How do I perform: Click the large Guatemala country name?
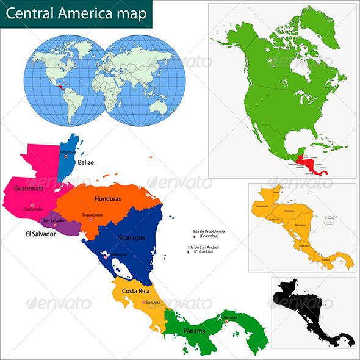tap(28, 189)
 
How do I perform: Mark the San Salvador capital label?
tap(54, 220)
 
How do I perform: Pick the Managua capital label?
tap(118, 254)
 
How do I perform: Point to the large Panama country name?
tap(195, 331)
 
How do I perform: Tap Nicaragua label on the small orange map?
tap(300, 225)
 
